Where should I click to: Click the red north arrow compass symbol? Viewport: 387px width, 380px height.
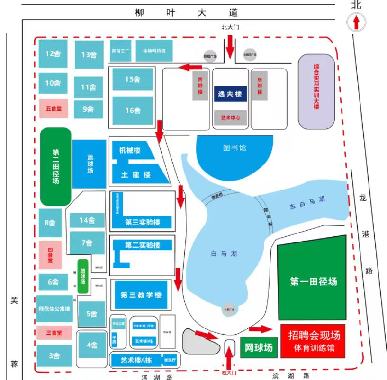[x=357, y=22]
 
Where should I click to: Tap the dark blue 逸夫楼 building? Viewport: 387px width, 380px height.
[x=230, y=94]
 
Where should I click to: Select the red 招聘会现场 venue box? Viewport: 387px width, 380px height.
[x=314, y=340]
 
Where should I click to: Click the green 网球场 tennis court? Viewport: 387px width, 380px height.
[x=259, y=348]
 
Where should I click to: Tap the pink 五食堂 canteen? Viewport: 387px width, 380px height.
[x=54, y=108]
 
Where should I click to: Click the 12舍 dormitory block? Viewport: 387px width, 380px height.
[x=53, y=53]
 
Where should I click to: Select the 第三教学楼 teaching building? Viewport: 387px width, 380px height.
[x=141, y=295]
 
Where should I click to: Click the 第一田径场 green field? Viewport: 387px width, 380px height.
[x=314, y=282]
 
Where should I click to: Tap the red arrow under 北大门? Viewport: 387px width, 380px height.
[x=230, y=46]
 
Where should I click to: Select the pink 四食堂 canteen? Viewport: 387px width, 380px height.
[x=50, y=255]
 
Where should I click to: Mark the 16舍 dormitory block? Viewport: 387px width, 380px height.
[x=133, y=111]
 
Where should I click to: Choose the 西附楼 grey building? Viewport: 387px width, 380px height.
[x=200, y=86]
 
